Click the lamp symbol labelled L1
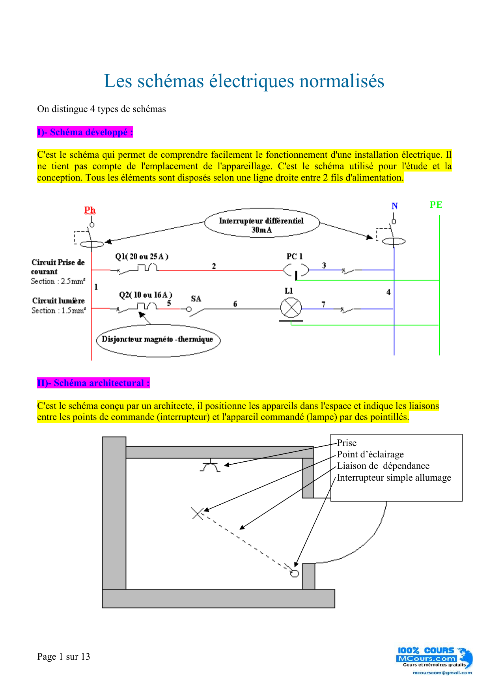(x=291, y=308)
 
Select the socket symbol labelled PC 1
(x=296, y=270)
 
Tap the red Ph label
(x=90, y=210)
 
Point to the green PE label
(x=436, y=205)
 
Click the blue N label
(x=394, y=206)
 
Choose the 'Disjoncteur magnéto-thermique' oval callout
(x=158, y=340)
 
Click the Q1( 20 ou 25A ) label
(x=142, y=257)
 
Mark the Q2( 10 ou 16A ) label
(x=146, y=295)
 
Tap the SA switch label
(x=196, y=299)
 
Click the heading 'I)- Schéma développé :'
(x=85, y=132)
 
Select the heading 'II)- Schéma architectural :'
(x=93, y=383)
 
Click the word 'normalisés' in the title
(x=342, y=81)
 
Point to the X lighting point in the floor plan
(x=197, y=513)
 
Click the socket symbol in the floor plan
(x=211, y=466)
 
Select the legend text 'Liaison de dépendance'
(x=383, y=466)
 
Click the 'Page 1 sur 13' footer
(x=63, y=657)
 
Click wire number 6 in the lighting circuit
(x=235, y=304)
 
